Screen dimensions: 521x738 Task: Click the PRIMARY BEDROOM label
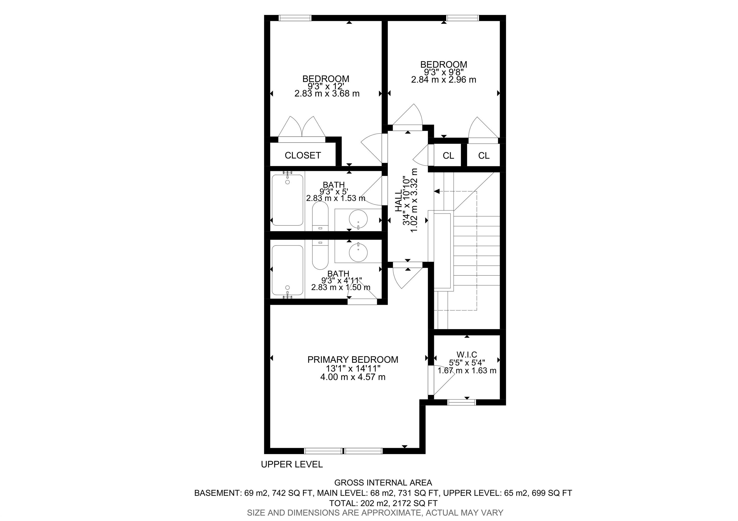coord(353,359)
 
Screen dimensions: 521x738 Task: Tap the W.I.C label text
coord(467,355)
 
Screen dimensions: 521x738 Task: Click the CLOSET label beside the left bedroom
coord(302,156)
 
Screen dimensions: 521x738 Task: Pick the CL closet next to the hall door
coord(448,156)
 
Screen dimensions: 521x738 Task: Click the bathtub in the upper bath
coord(287,200)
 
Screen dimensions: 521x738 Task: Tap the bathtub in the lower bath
coord(287,270)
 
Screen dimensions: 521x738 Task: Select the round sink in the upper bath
coord(358,219)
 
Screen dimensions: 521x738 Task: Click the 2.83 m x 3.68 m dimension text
coord(327,93)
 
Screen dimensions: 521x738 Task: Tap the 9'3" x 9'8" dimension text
coord(443,72)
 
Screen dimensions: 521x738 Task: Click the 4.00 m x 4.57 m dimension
coord(353,377)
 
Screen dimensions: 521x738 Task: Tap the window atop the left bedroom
coord(295,18)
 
